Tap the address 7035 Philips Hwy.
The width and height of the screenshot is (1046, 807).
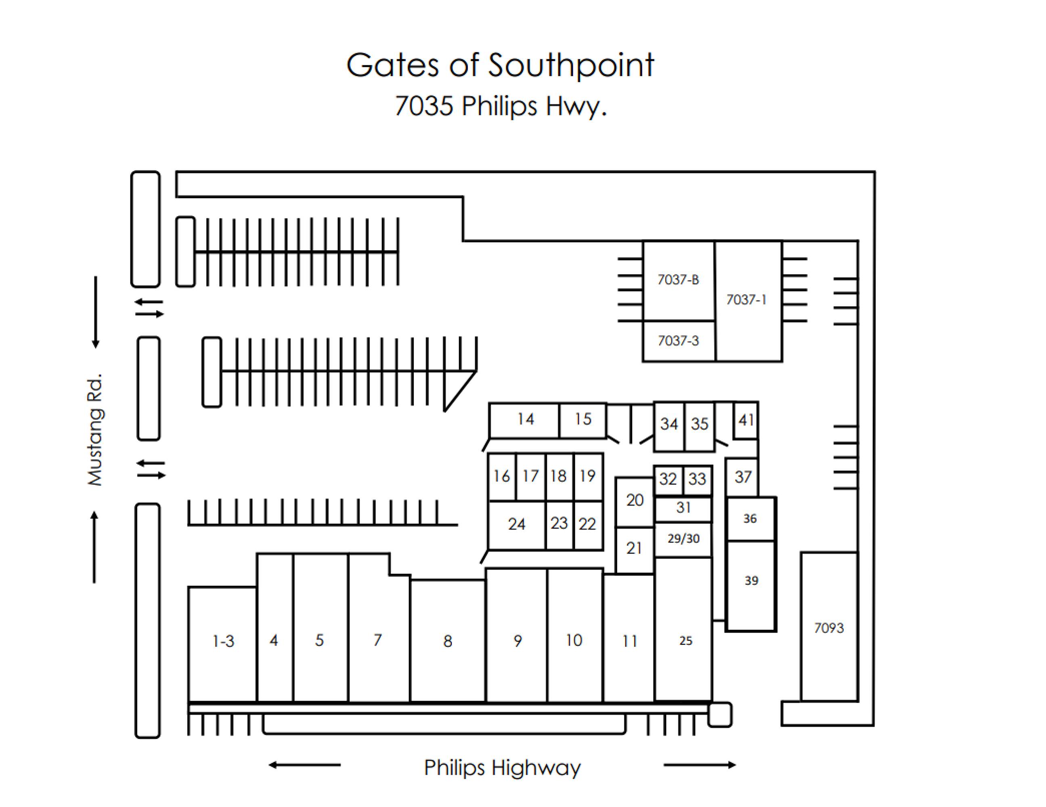pos(501,106)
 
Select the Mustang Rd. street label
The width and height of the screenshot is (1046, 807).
pos(95,430)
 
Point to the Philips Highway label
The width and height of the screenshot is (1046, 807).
pos(502,767)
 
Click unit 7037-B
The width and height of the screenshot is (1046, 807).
pos(678,280)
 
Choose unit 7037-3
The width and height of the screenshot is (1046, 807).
pos(678,341)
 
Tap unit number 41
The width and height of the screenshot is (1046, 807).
pos(746,420)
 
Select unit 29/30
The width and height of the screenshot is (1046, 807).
pos(683,539)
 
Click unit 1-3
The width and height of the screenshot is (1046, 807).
pos(223,641)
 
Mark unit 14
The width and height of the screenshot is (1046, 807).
pos(525,419)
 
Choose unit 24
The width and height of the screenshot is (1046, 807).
pos(516,524)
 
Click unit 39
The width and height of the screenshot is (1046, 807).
pos(751,581)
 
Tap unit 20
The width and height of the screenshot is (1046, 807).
pos(635,500)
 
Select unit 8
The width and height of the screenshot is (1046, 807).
pos(448,641)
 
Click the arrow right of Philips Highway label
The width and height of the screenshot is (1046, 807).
pos(699,765)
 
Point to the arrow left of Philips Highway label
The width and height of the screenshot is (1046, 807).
pos(305,765)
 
